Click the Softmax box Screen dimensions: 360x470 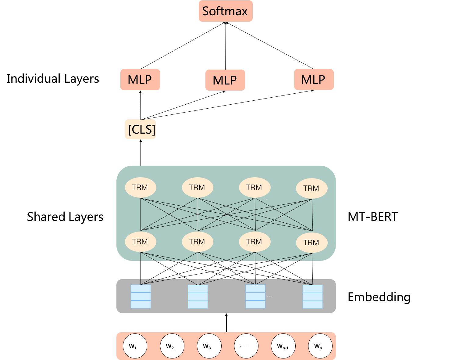(226, 11)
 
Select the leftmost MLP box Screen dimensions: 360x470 (140, 80)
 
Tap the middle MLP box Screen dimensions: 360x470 (225, 80)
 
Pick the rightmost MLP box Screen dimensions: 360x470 (314, 80)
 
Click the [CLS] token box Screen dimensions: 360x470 (141, 129)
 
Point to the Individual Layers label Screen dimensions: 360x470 (53, 79)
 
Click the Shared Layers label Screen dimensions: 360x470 (65, 217)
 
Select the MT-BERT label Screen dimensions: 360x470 (372, 217)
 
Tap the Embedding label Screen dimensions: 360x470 (379, 297)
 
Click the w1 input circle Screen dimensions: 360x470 (135, 346)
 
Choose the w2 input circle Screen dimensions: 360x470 (172, 346)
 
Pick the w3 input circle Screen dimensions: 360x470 (209, 346)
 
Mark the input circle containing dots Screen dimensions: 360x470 (246, 346)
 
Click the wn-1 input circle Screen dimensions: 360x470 (283, 346)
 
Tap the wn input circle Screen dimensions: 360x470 (320, 346)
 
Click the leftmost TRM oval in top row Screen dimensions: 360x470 (141, 187)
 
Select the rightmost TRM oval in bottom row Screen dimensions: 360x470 (312, 243)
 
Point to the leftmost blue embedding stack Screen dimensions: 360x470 (141, 297)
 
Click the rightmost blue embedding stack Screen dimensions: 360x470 (312, 297)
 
